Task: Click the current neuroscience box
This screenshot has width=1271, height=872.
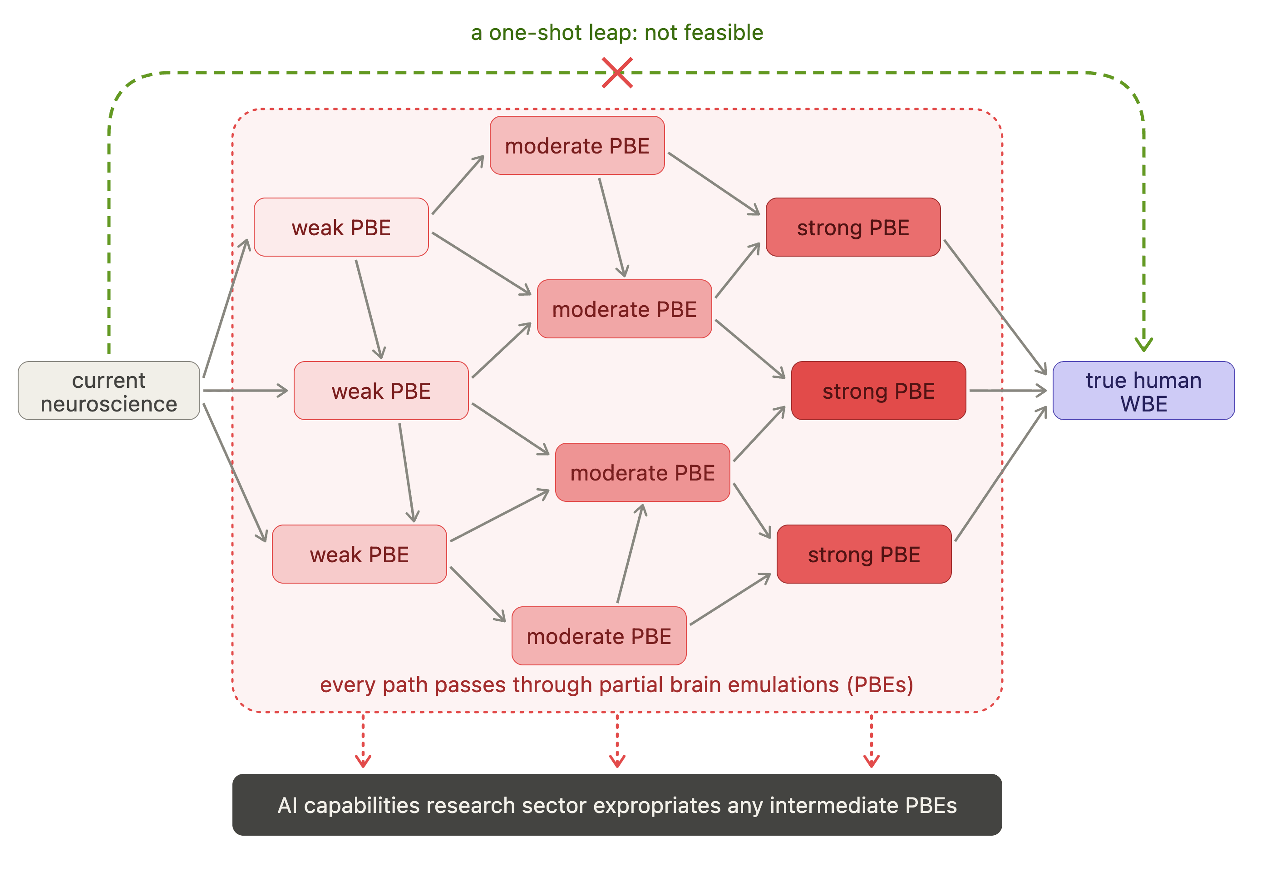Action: pyautogui.click(x=109, y=391)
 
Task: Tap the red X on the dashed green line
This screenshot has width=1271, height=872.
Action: pyautogui.click(x=617, y=72)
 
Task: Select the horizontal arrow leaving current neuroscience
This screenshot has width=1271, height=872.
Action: pyautogui.click(x=246, y=391)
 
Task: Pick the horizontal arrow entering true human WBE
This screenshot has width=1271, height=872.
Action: pyautogui.click(x=1008, y=391)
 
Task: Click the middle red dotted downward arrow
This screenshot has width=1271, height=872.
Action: pyautogui.click(x=617, y=740)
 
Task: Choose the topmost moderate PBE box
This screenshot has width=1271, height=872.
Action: pyautogui.click(x=577, y=145)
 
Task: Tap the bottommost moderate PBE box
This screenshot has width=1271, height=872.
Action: pyautogui.click(x=599, y=636)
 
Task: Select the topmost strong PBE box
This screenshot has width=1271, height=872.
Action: pyautogui.click(x=853, y=227)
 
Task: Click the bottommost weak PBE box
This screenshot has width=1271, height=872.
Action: pyautogui.click(x=360, y=554)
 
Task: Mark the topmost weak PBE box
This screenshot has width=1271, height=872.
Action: pyautogui.click(x=341, y=227)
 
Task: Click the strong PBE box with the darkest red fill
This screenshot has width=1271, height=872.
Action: pyautogui.click(x=878, y=391)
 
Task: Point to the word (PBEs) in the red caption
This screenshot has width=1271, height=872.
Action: pyautogui.click(x=880, y=685)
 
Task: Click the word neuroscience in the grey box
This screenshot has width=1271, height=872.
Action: pyautogui.click(x=109, y=404)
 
